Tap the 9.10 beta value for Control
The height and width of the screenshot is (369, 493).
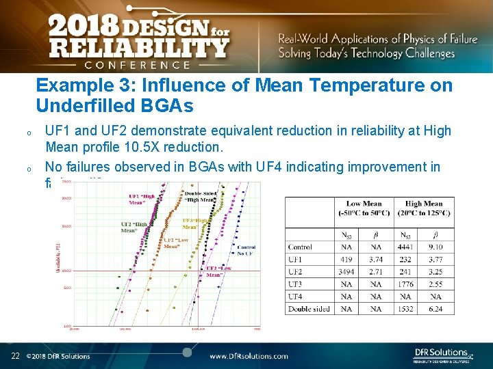pyautogui.click(x=435, y=247)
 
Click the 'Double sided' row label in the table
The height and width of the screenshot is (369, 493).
pyautogui.click(x=309, y=309)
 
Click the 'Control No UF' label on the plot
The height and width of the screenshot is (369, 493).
pyautogui.click(x=246, y=249)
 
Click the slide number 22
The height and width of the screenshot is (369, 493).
pyautogui.click(x=14, y=355)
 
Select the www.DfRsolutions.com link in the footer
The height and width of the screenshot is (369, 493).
pyautogui.click(x=249, y=356)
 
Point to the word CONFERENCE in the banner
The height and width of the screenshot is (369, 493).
pyautogui.click(x=137, y=65)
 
